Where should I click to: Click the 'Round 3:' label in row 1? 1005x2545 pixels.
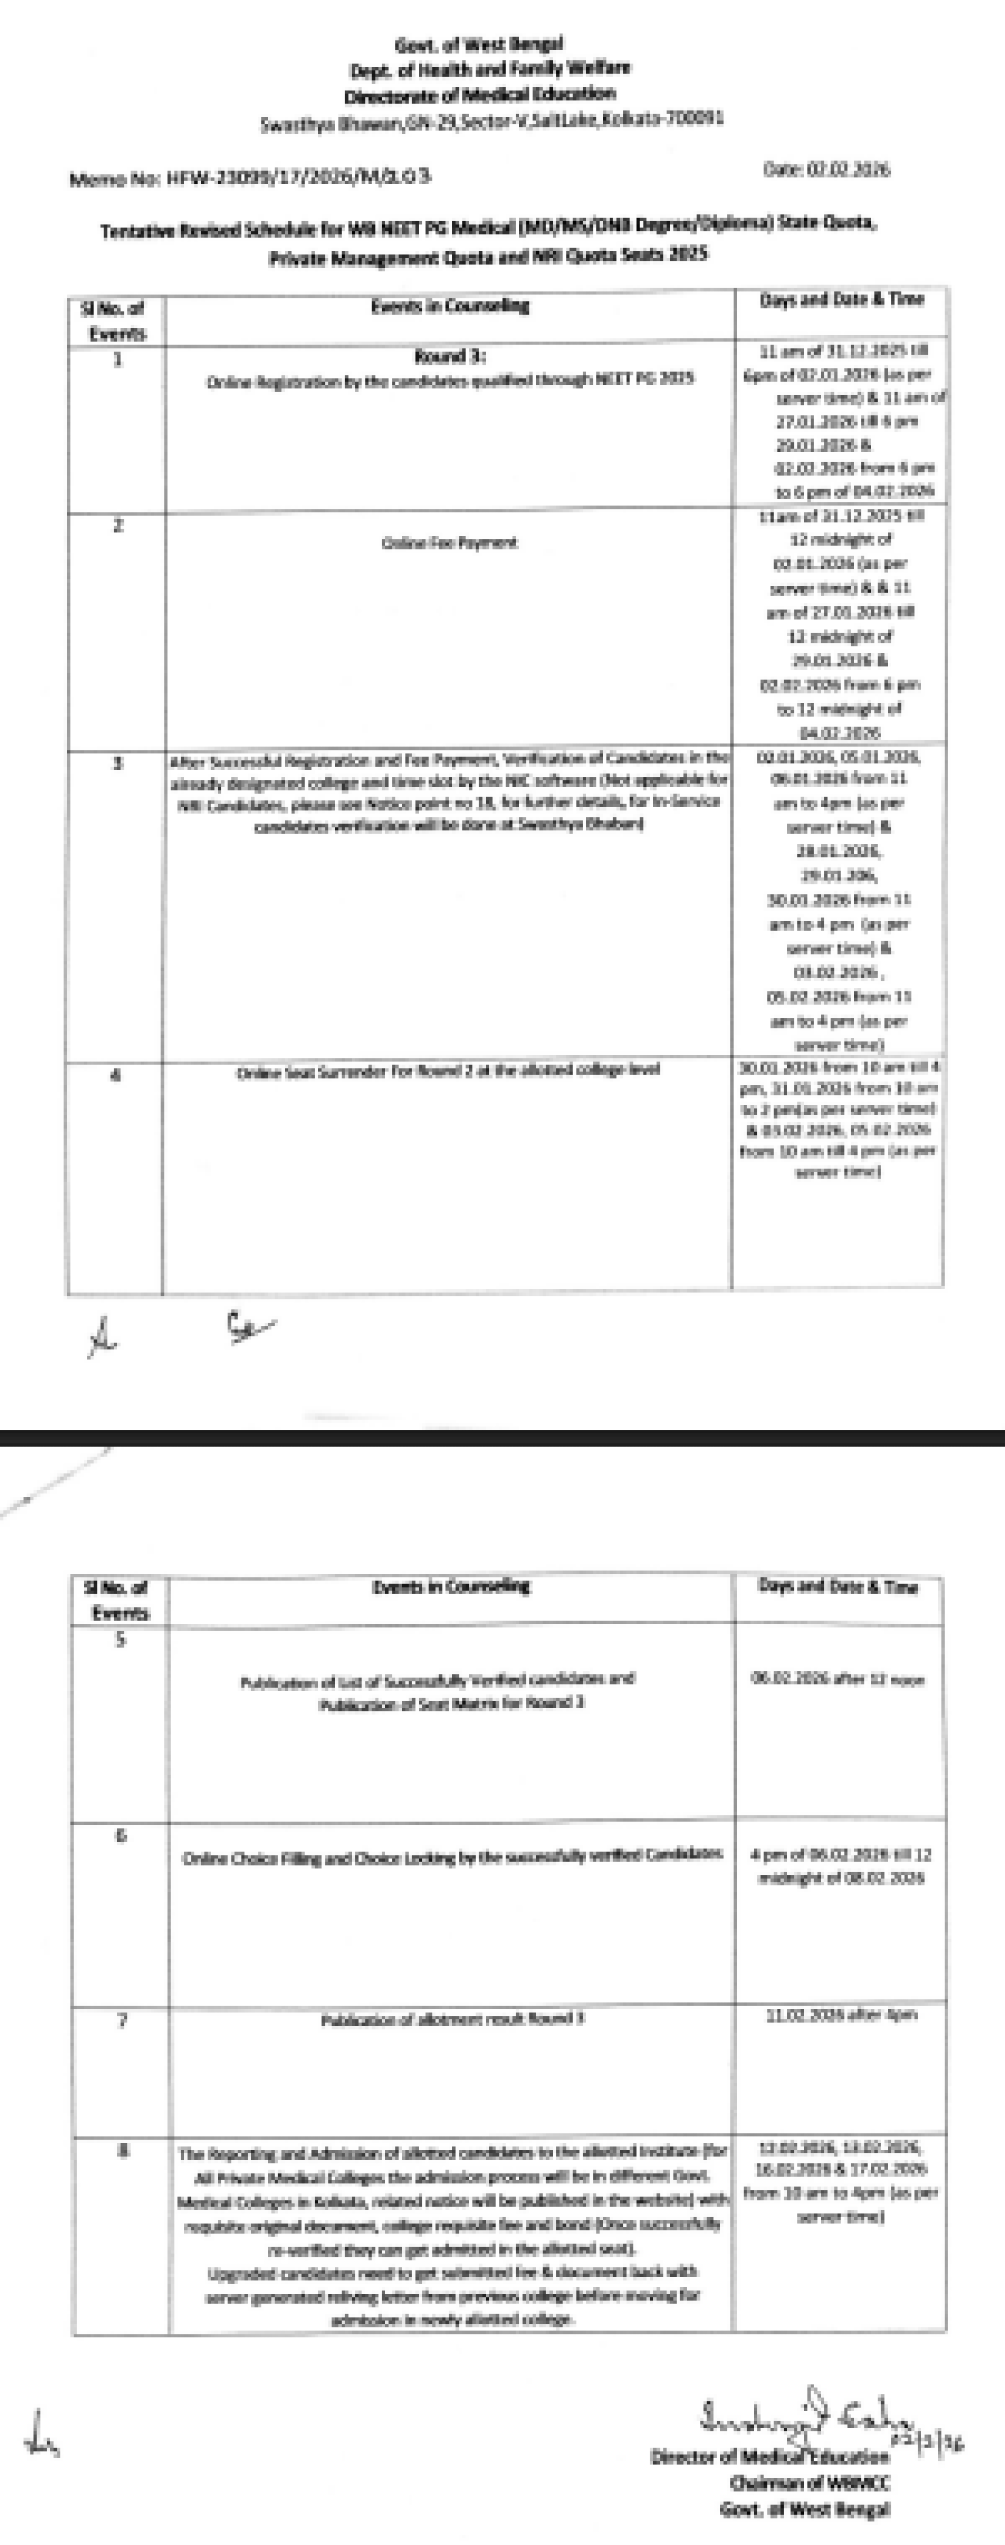click(450, 356)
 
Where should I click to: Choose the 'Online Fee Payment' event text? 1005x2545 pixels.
click(450, 542)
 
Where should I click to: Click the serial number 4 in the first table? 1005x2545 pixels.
click(116, 1075)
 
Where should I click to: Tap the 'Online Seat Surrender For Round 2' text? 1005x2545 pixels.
click(448, 1070)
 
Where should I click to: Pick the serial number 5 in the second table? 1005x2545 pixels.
click(121, 1640)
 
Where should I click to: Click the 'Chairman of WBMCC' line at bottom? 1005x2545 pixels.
click(810, 2483)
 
